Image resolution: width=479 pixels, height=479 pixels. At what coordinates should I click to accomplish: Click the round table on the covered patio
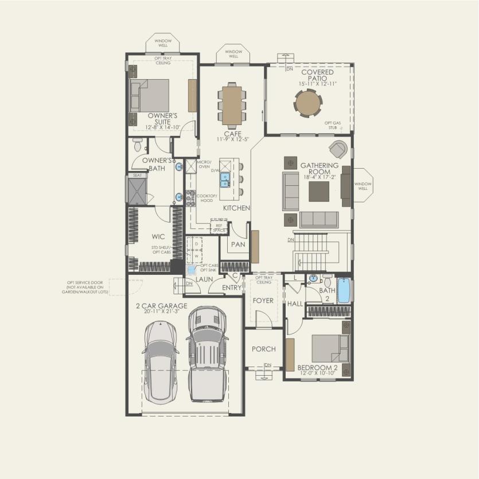coord(309,104)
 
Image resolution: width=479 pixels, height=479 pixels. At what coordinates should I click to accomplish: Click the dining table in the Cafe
coord(232,104)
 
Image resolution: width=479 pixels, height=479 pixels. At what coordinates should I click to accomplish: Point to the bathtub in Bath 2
coord(343,290)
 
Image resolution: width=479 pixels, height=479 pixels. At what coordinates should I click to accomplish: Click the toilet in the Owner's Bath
coord(137,143)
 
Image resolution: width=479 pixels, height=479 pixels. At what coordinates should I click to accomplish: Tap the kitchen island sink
coord(225,180)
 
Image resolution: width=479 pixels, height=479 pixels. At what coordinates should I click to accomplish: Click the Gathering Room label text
coord(320,169)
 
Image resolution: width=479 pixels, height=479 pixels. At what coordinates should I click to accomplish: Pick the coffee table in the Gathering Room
coord(319,192)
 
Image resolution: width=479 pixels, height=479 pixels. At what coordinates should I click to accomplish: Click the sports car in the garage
coord(160,360)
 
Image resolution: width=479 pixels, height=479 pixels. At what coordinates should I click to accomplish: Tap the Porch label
coord(264,349)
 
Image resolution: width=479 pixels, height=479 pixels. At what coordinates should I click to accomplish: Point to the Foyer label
coord(264,301)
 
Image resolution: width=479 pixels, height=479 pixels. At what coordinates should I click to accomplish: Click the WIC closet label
coord(158,236)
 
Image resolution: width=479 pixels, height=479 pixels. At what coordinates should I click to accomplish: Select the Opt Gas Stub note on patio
coord(330,125)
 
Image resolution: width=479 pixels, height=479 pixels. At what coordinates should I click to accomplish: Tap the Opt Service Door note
coord(87,287)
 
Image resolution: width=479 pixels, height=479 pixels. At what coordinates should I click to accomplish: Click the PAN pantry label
coord(238,244)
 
